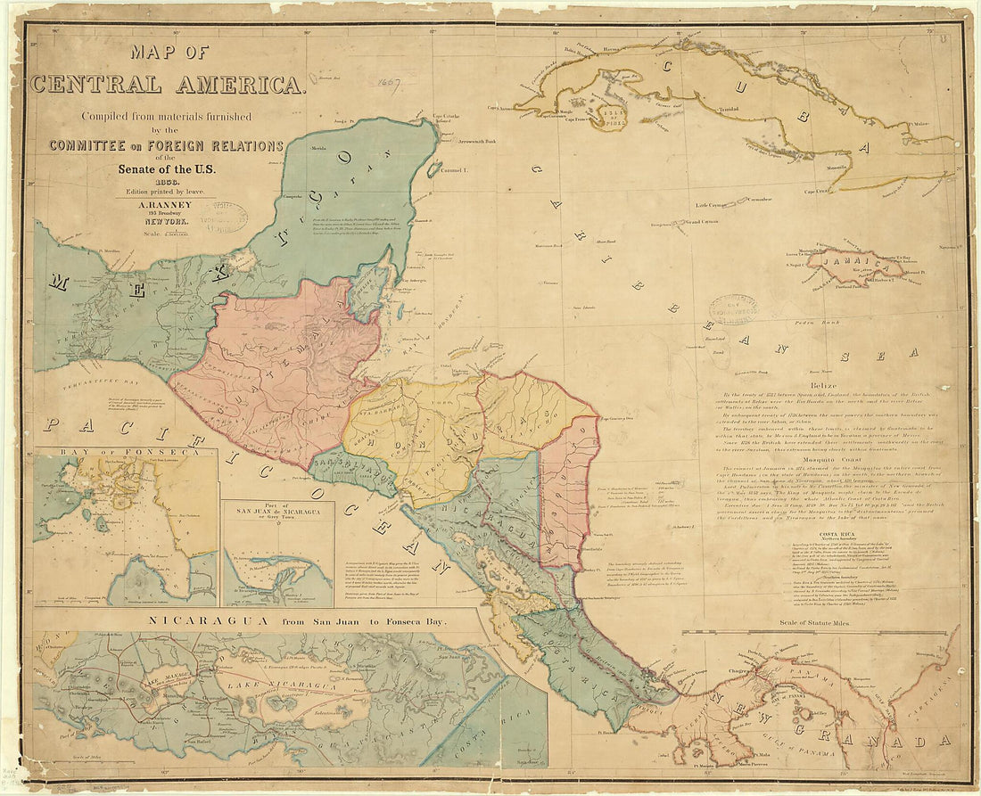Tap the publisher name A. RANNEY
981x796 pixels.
coord(166,203)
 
